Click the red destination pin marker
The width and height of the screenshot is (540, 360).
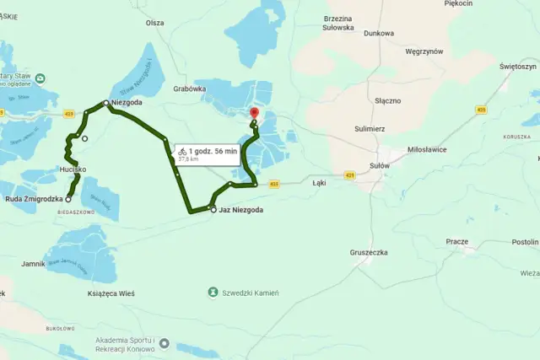point(254,114)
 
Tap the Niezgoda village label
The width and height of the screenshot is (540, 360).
point(127,103)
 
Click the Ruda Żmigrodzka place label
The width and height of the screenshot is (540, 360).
point(35,199)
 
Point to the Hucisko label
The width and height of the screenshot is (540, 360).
point(73,169)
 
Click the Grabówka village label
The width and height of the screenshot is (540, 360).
point(189,88)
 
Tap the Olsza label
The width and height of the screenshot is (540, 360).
point(154,23)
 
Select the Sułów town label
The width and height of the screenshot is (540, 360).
point(380,166)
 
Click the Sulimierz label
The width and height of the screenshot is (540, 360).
point(370,129)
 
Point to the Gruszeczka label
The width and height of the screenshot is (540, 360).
point(368,252)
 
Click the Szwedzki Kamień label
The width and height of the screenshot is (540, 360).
point(251,293)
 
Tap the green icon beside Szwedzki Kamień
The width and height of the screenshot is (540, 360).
point(213,293)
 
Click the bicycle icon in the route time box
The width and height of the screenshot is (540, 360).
point(182,151)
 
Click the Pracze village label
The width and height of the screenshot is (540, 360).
point(456,241)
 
